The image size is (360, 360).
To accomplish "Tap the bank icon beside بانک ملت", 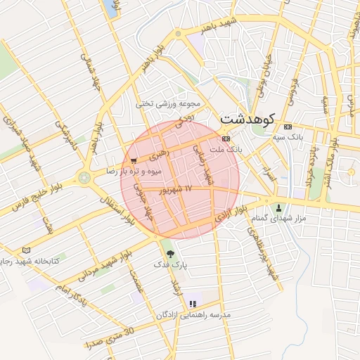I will [x=225, y=139].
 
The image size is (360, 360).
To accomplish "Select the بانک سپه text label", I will [x=309, y=137].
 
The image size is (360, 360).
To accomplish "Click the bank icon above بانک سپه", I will [x=287, y=127].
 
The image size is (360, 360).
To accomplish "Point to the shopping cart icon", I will [x=134, y=161].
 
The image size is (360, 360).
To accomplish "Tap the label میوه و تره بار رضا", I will [x=134, y=171].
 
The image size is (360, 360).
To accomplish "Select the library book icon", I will [x=27, y=250].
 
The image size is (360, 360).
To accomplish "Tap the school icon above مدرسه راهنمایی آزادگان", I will [x=192, y=304].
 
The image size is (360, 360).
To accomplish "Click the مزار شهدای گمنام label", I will [x=280, y=219].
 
